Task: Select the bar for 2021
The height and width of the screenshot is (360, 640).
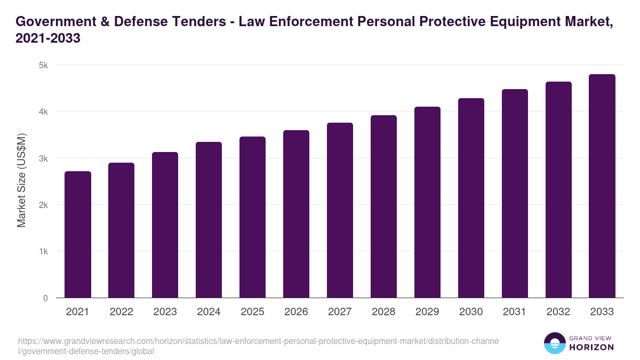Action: [78, 235]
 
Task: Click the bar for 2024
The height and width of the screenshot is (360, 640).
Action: [209, 220]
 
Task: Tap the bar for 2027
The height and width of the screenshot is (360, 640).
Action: [340, 210]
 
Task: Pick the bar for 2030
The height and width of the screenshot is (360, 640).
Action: [471, 198]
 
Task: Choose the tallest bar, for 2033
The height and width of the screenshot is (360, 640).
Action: [602, 186]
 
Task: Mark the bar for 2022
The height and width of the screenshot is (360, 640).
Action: [122, 230]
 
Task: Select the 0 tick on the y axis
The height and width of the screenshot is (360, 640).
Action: [45, 298]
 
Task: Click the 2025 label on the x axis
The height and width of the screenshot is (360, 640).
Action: [253, 312]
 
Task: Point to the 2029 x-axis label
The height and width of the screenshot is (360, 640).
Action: [427, 312]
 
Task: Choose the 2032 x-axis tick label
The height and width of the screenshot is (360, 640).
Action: [558, 312]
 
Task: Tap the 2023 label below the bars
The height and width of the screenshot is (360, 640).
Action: [165, 312]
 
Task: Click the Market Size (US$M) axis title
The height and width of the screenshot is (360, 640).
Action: [21, 181]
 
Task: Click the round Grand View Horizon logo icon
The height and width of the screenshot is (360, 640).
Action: [555, 343]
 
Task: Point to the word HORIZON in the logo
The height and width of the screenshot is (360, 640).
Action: [591, 348]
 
